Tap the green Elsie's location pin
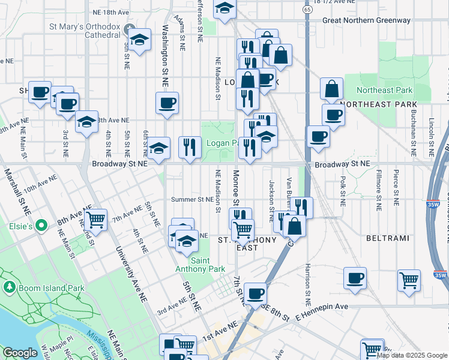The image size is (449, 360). pyautogui.click(x=41, y=226)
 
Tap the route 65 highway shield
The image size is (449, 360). pyautogui.click(x=307, y=10)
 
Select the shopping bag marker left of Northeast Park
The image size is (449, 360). pyautogui.click(x=331, y=89)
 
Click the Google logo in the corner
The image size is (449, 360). pyautogui.click(x=20, y=353)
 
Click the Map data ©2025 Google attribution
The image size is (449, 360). pyautogui.click(x=412, y=355)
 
